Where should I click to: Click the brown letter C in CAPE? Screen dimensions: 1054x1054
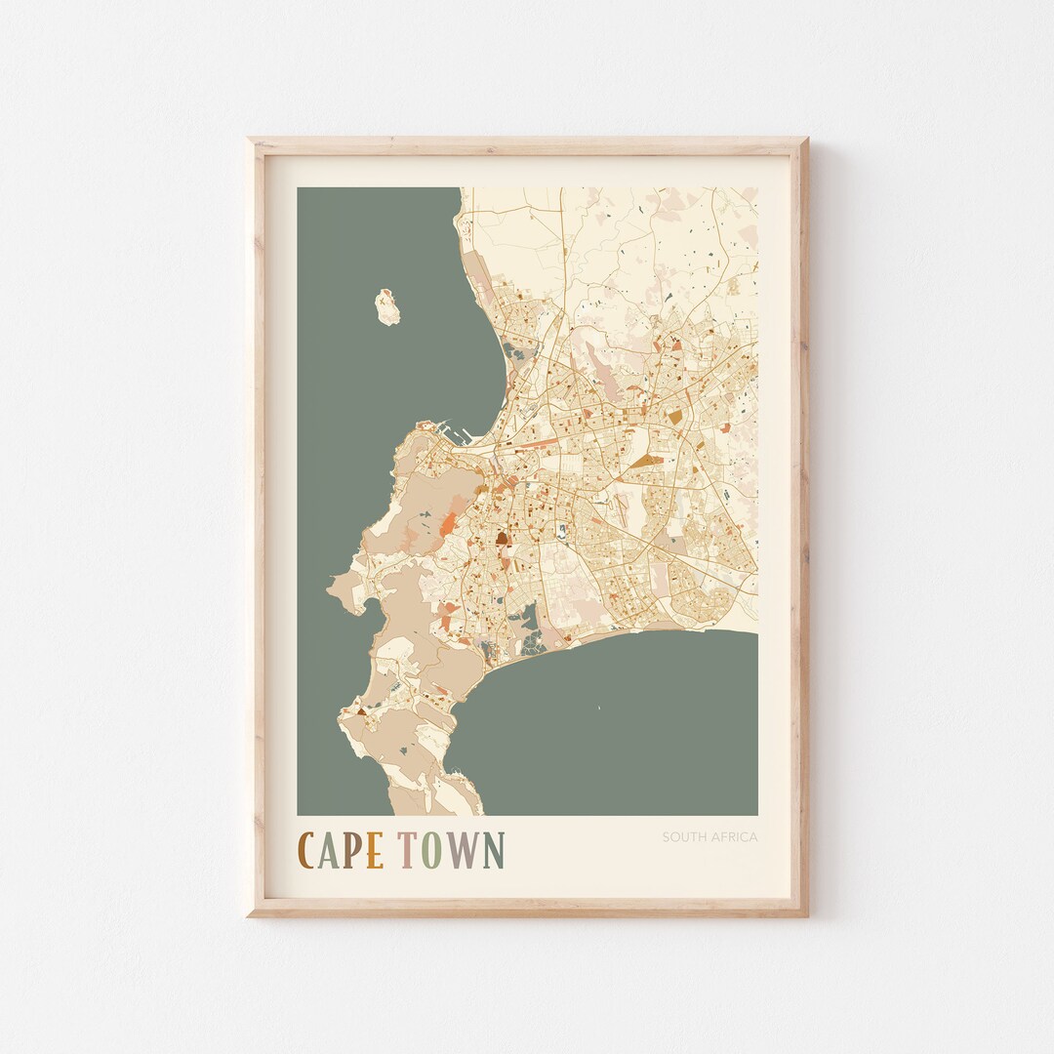pyautogui.click(x=306, y=850)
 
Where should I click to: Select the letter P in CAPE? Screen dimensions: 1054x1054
pyautogui.click(x=353, y=850)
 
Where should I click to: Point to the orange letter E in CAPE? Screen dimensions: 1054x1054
pyautogui.click(x=375, y=850)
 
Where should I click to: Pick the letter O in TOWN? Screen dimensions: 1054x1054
pyautogui.click(x=432, y=850)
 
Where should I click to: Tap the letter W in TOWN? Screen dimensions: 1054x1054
pyautogui.click(x=463, y=850)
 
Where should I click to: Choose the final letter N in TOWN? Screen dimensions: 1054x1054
pyautogui.click(x=493, y=850)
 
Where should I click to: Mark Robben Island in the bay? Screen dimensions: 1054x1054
pyautogui.click(x=387, y=305)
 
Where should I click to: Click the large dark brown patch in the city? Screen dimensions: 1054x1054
pyautogui.click(x=502, y=536)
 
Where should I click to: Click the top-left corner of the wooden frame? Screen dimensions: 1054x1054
pyautogui.click(x=250, y=141)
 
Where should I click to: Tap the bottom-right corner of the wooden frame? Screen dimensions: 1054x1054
pyautogui.click(x=805, y=913)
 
